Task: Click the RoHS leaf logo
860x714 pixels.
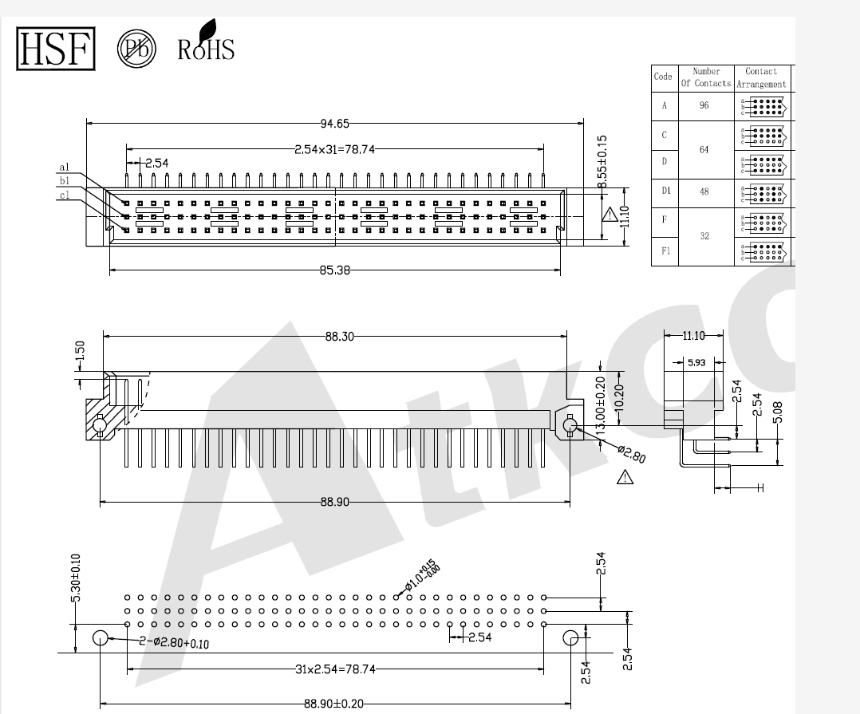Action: coord(205,42)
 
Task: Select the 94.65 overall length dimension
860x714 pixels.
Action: coord(335,124)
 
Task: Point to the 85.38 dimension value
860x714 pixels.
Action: coord(335,270)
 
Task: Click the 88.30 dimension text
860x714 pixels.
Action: coord(339,337)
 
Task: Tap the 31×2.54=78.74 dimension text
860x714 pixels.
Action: coord(335,669)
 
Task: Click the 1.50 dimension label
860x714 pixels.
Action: coord(80,352)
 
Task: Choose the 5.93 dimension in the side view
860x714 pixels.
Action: coord(696,363)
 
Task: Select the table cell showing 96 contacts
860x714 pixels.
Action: coord(704,105)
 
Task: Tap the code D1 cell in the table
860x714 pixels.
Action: coord(664,191)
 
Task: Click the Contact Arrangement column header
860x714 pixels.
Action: coord(760,77)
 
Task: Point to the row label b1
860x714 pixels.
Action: coord(64,181)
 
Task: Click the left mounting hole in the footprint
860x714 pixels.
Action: coord(101,638)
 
